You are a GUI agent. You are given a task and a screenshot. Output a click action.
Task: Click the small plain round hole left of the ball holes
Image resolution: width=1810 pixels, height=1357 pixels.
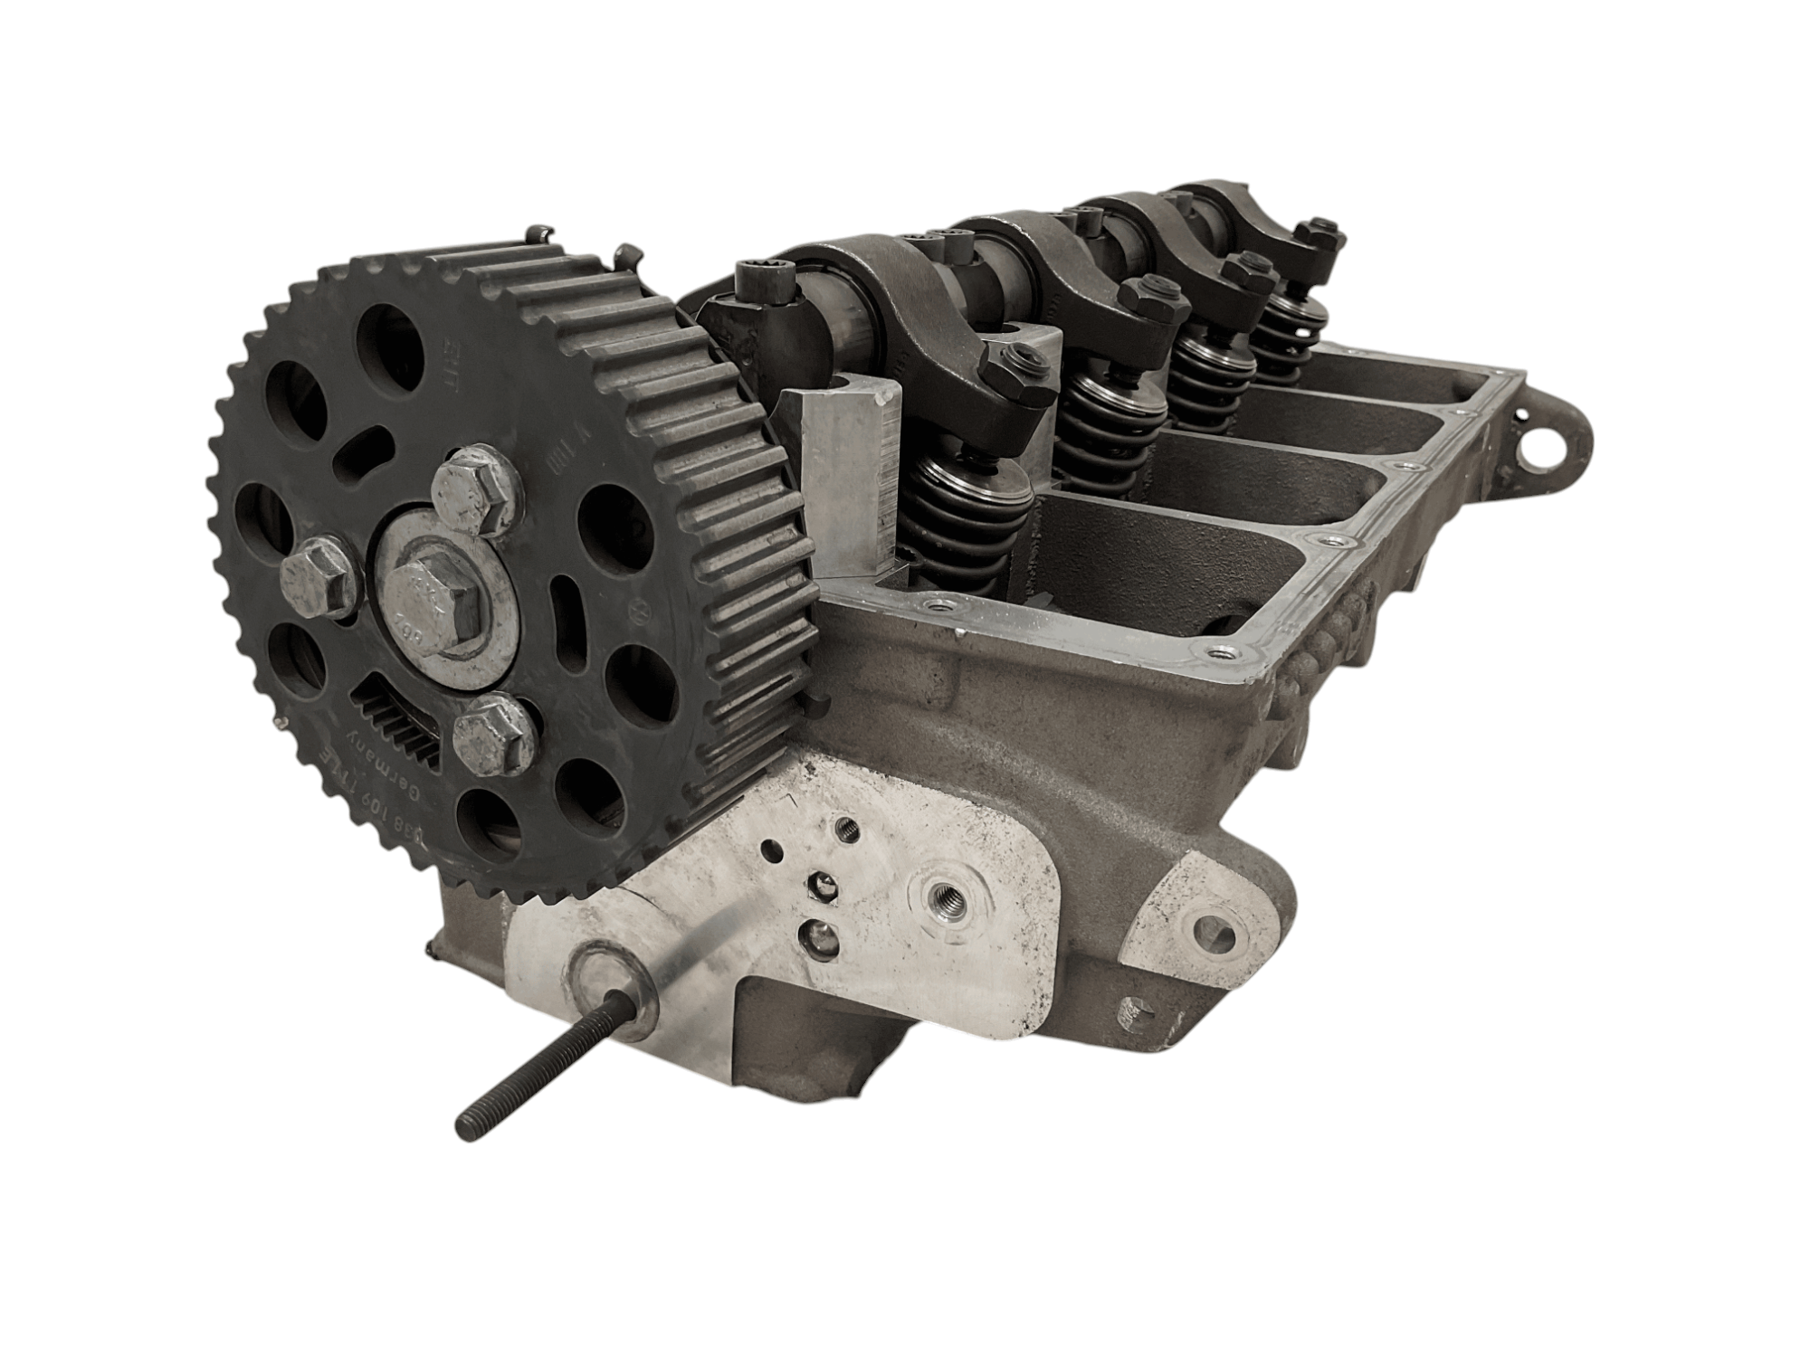pos(771,849)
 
